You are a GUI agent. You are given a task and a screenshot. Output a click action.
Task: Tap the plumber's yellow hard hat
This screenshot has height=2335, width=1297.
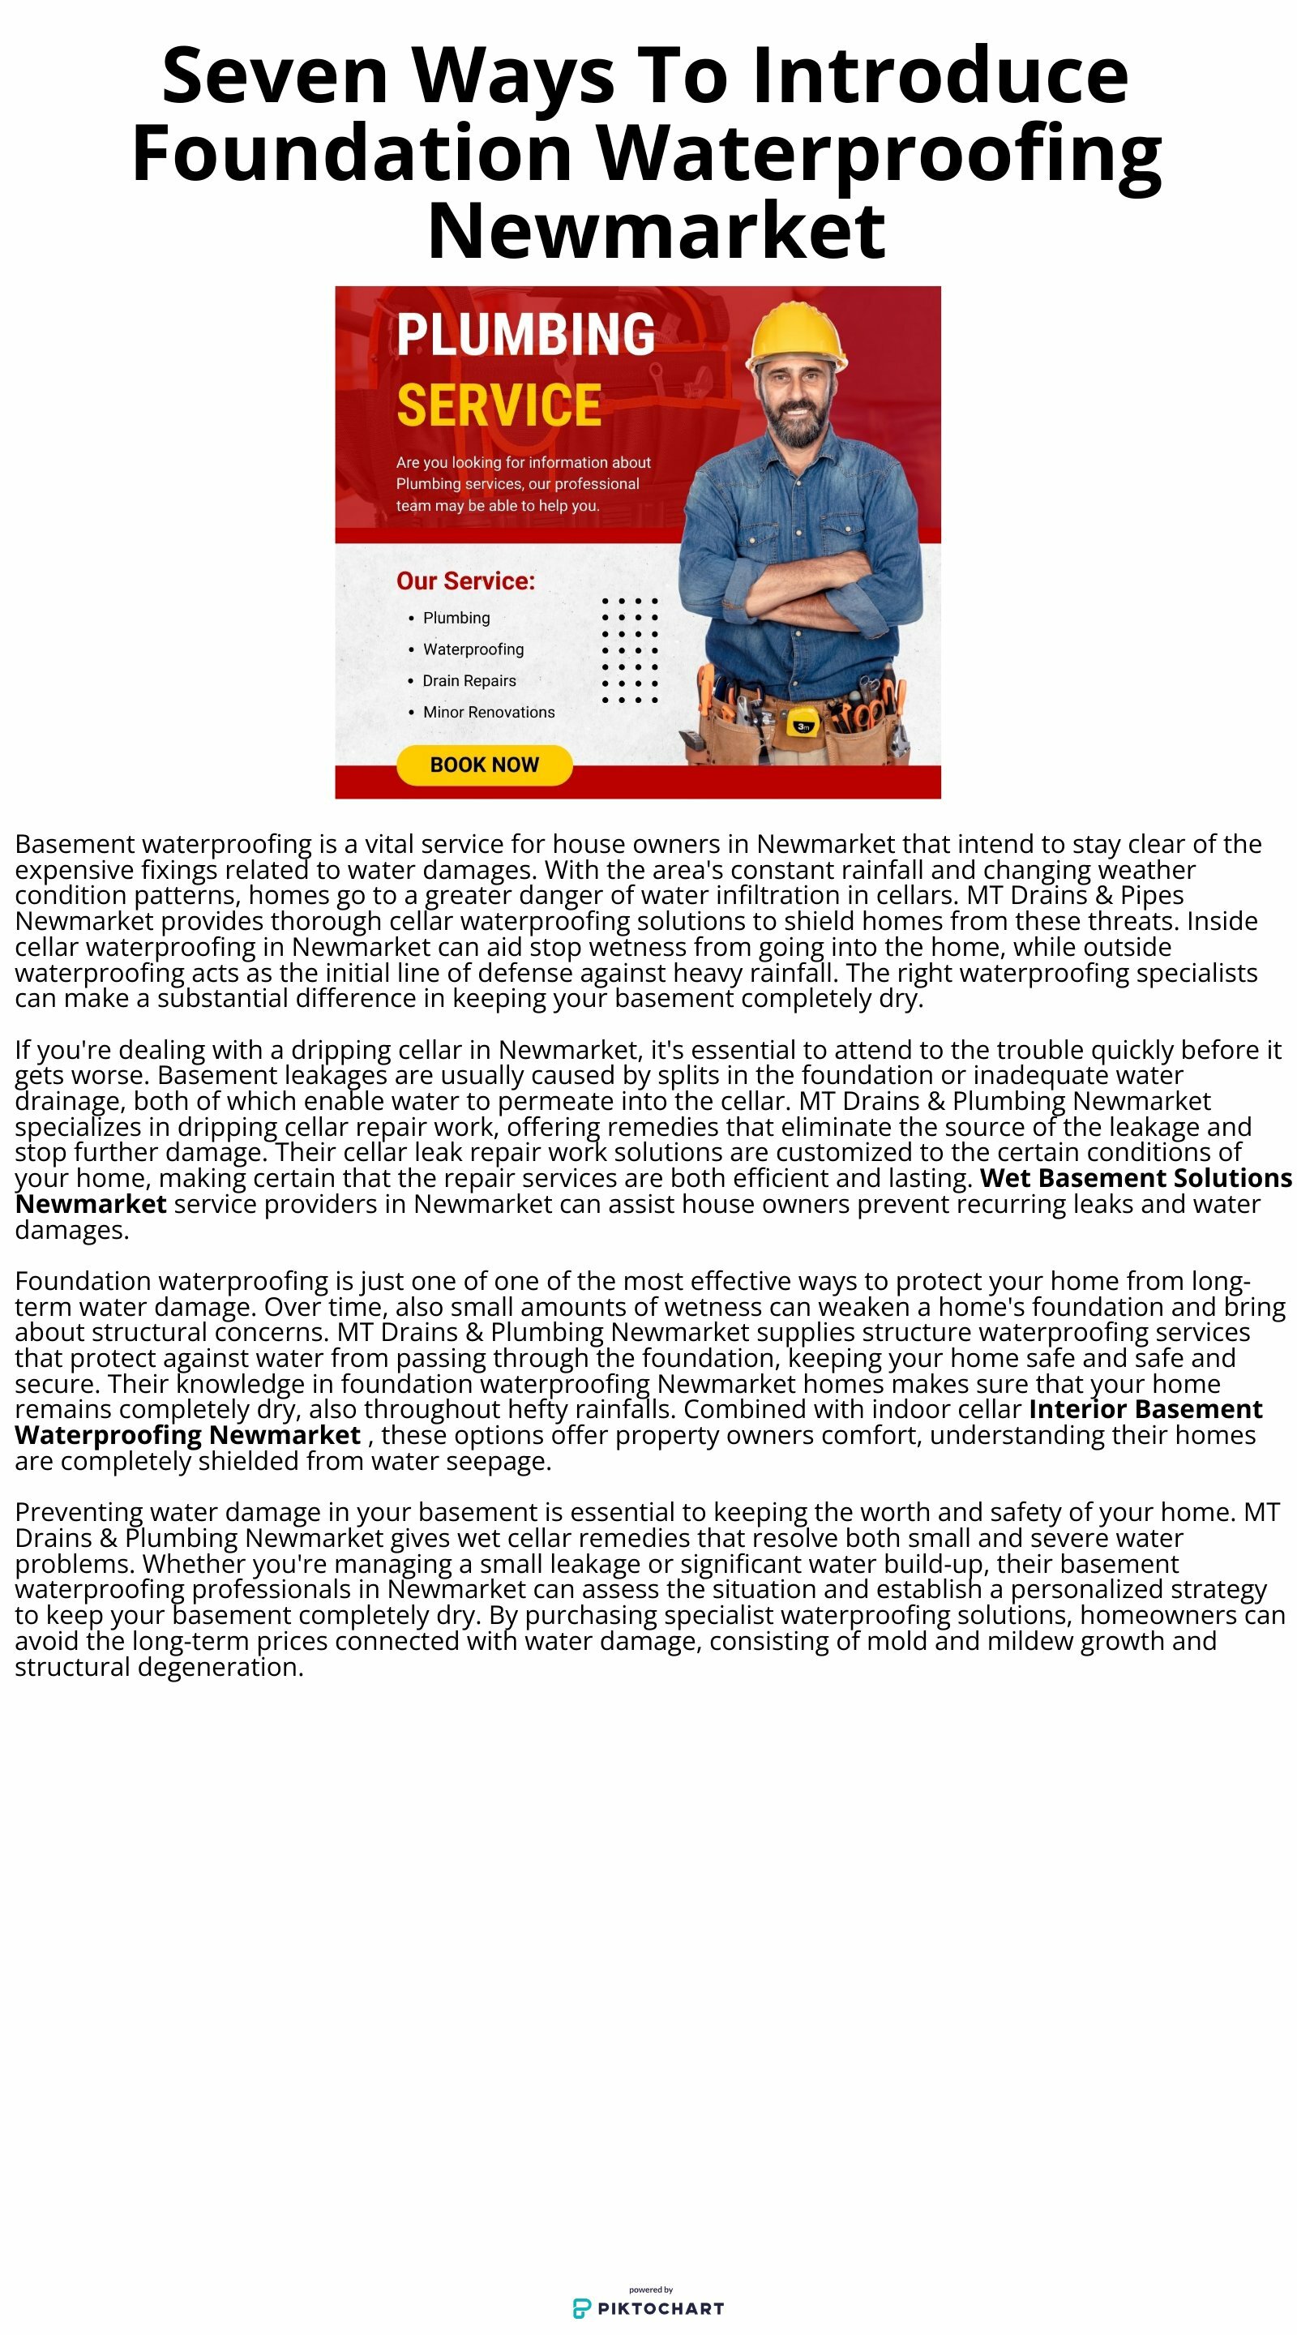point(796,336)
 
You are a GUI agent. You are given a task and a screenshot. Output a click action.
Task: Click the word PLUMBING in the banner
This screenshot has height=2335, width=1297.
point(525,335)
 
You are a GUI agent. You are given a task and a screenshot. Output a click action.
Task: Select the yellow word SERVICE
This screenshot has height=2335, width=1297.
point(499,405)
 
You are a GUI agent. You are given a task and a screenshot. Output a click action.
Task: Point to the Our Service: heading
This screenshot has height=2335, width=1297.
point(465,581)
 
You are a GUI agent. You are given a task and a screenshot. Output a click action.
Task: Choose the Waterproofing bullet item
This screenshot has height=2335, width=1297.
point(473,649)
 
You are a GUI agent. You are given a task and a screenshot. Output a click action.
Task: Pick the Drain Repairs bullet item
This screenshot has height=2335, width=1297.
point(469,681)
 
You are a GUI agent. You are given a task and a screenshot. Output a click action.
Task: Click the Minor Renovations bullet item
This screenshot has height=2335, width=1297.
point(489,713)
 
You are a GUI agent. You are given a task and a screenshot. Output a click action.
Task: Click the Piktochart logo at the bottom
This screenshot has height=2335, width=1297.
point(649,2307)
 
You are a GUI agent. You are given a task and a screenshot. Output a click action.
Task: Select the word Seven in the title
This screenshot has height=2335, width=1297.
point(275,76)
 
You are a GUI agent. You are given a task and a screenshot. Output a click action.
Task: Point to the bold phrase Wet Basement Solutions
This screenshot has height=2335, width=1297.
point(1135,1177)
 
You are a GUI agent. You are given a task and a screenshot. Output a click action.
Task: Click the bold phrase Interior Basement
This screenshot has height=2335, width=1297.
point(1145,1408)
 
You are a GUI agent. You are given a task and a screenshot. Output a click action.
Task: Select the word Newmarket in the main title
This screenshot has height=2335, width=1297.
point(657,231)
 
